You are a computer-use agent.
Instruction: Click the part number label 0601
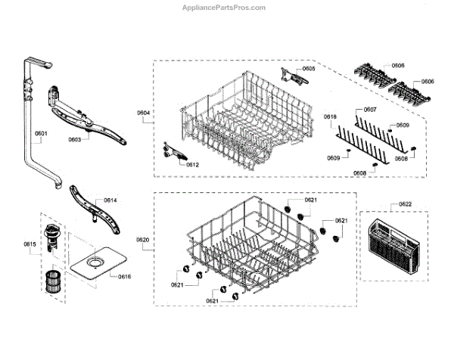[x=40, y=134]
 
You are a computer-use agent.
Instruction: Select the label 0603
[x=73, y=139]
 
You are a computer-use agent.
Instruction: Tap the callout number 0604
[x=144, y=113]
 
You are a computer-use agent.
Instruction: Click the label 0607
[x=370, y=110]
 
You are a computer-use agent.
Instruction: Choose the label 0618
[x=330, y=116]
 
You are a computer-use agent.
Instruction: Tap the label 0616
[x=124, y=277]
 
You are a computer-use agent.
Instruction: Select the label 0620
[x=143, y=240]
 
